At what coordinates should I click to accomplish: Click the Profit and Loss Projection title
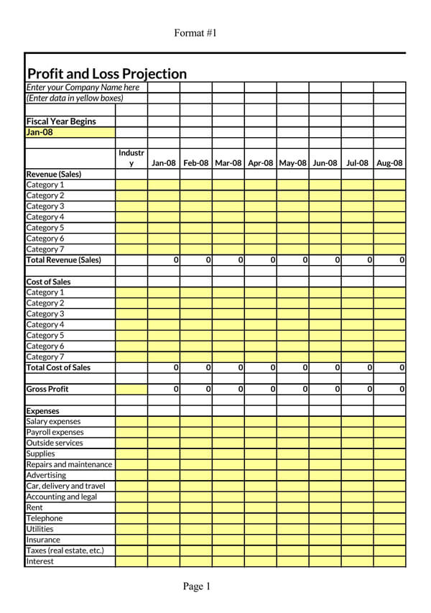click(x=106, y=73)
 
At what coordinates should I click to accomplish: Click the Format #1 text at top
click(x=195, y=33)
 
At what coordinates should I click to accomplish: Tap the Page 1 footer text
click(x=196, y=586)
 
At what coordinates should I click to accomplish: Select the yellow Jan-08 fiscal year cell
click(x=70, y=132)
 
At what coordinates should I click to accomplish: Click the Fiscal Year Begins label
click(x=61, y=121)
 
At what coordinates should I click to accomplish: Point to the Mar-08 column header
click(x=228, y=163)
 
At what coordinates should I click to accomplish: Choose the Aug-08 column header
click(x=389, y=163)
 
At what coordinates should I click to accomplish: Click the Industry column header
click(x=131, y=158)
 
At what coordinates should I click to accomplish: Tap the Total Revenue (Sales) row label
click(x=63, y=260)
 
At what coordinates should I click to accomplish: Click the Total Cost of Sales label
click(x=58, y=367)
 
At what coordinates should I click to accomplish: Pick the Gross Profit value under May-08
click(x=305, y=389)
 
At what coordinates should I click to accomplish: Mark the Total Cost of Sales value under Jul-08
click(x=369, y=367)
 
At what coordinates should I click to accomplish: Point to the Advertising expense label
click(x=46, y=475)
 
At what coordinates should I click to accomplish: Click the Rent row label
click(x=34, y=507)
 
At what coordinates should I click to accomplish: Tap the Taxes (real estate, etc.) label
click(x=65, y=550)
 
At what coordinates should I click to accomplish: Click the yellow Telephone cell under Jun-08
click(x=325, y=518)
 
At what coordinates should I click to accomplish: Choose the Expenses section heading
click(x=42, y=411)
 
